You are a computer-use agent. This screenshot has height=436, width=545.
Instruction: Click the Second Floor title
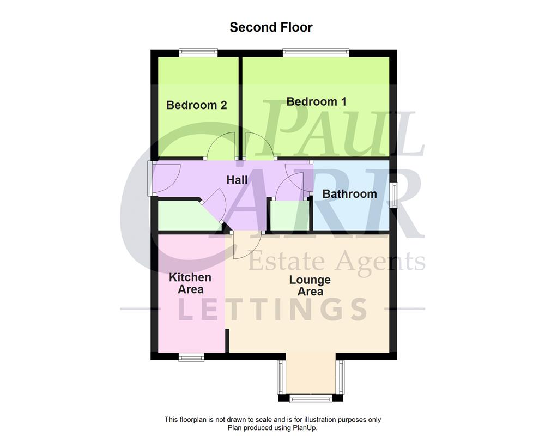click(x=271, y=27)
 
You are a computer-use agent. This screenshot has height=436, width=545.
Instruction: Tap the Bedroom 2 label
click(x=196, y=105)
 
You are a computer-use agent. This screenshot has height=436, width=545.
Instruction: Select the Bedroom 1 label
click(x=316, y=101)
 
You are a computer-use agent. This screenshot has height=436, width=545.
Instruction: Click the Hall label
click(x=237, y=180)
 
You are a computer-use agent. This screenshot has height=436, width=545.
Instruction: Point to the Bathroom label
click(x=349, y=194)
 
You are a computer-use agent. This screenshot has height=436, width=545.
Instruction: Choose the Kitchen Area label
click(x=190, y=283)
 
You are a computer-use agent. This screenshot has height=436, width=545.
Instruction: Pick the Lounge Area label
click(x=310, y=286)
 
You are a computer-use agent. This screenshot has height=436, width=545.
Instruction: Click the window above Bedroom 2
click(x=198, y=52)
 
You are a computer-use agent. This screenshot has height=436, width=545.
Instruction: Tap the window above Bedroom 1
click(x=316, y=52)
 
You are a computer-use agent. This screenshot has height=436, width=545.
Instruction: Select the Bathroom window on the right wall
click(x=393, y=195)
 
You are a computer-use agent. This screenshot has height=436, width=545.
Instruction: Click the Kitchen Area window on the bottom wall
click(x=191, y=357)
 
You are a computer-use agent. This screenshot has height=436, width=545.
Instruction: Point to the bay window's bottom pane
click(x=310, y=399)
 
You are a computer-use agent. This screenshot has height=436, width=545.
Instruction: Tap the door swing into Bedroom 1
click(x=259, y=146)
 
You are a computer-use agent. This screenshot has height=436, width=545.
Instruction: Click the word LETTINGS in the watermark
click(x=272, y=308)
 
